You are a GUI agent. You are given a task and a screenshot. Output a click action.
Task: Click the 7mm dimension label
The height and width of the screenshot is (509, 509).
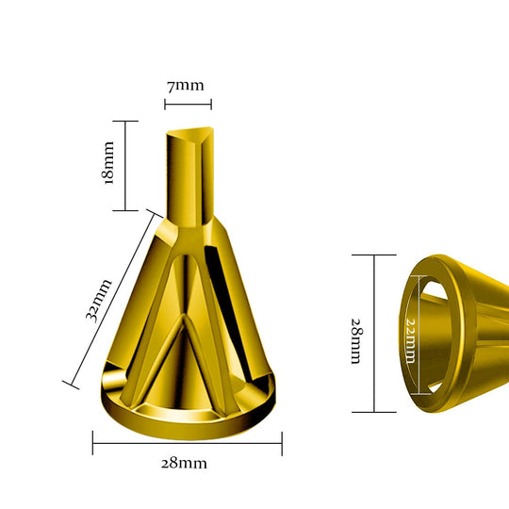[x=186, y=86]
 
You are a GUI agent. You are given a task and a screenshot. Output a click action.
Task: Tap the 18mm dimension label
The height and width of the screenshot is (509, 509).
[x=107, y=163]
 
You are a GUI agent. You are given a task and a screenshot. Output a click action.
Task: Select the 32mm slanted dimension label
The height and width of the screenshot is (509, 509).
[x=99, y=301]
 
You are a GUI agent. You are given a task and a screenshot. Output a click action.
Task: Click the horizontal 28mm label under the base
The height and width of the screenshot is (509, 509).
[x=184, y=463]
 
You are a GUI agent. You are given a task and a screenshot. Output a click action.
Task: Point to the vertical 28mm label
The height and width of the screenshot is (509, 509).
[x=356, y=341]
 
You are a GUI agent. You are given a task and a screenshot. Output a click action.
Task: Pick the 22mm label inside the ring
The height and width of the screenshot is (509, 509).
[x=411, y=340]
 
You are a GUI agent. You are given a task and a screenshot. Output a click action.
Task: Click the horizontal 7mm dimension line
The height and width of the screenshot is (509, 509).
[x=188, y=105]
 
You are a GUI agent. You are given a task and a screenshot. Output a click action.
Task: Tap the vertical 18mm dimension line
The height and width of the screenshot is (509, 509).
[x=125, y=166]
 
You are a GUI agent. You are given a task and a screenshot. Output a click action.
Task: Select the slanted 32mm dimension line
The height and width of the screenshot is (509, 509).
[x=112, y=299]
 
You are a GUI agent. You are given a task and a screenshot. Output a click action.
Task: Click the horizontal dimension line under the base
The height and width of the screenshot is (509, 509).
[x=188, y=443]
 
